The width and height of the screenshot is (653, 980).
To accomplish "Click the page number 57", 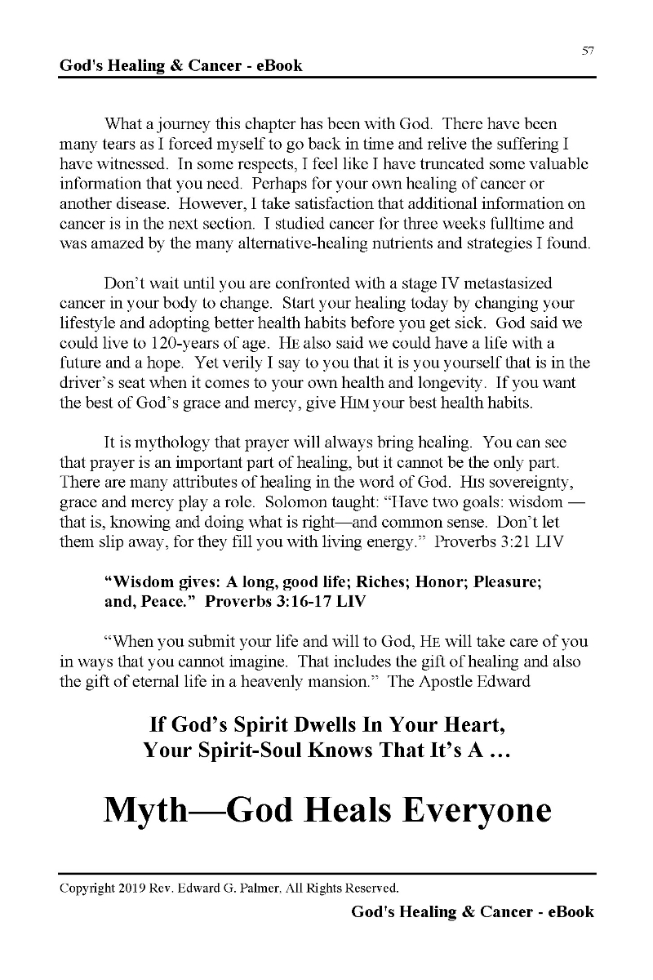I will (x=588, y=51).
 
